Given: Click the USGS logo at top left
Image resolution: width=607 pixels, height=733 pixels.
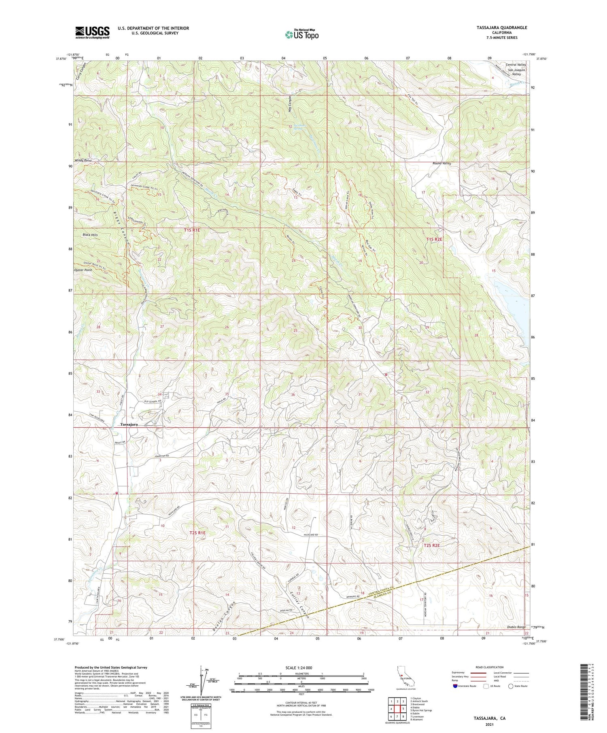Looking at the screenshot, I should tap(92, 32).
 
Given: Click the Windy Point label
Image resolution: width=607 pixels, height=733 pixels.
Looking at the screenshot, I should tap(83, 161).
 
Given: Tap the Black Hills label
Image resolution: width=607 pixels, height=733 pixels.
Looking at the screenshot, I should tap(90, 234).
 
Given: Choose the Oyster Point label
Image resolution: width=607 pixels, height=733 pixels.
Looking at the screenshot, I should tap(83, 270).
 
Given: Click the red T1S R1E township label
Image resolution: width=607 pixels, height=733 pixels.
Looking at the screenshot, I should tap(192, 230).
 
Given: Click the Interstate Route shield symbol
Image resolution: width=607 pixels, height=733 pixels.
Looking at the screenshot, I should tap(455, 686).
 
